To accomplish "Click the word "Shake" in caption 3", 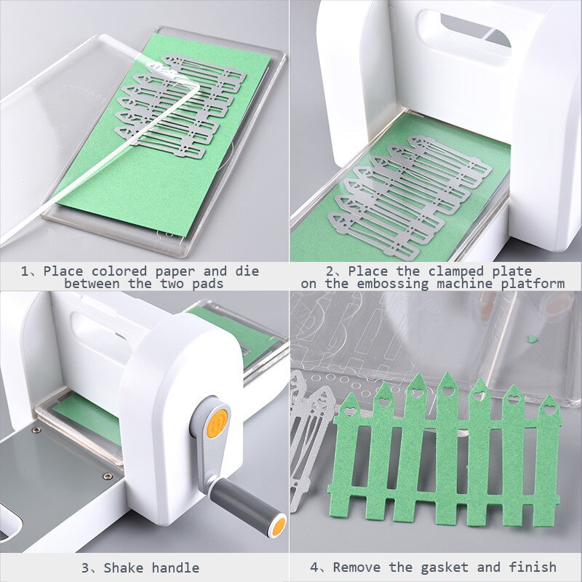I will coord(122,567).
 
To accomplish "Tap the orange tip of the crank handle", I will coord(276,526).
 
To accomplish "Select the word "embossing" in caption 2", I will coord(396,283).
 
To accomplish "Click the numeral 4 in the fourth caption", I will coord(315,567).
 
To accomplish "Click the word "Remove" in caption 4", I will coord(356,567).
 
